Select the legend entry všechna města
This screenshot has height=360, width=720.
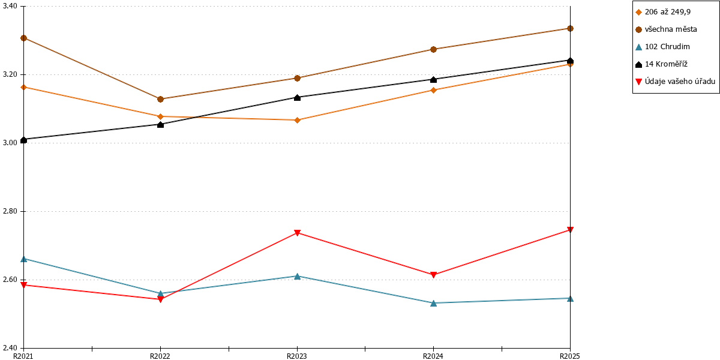click(x=666, y=29)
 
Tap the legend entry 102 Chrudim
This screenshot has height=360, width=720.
click(x=662, y=47)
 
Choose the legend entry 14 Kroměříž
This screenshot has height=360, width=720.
click(x=661, y=64)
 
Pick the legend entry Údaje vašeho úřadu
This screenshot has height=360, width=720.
click(x=675, y=82)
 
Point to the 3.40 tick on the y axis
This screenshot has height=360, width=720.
click(x=10, y=6)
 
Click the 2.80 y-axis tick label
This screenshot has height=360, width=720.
click(x=10, y=211)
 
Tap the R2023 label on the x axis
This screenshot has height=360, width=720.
click(x=296, y=356)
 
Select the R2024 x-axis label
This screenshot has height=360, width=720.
click(x=433, y=356)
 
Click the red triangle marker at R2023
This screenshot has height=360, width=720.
click(x=298, y=233)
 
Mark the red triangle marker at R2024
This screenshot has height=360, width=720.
click(x=433, y=275)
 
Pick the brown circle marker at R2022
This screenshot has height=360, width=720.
click(x=160, y=100)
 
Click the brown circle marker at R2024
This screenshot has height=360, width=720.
click(x=433, y=49)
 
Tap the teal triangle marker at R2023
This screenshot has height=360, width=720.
click(x=298, y=276)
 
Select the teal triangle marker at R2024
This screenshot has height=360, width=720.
click(x=433, y=303)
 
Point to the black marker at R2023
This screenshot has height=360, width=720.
click(x=298, y=97)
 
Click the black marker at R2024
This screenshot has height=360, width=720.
click(x=433, y=79)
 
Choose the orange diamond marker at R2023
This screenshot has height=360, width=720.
click(x=298, y=120)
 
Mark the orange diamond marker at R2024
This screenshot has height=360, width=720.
click(x=433, y=91)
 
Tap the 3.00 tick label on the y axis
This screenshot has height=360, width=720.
click(x=10, y=143)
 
